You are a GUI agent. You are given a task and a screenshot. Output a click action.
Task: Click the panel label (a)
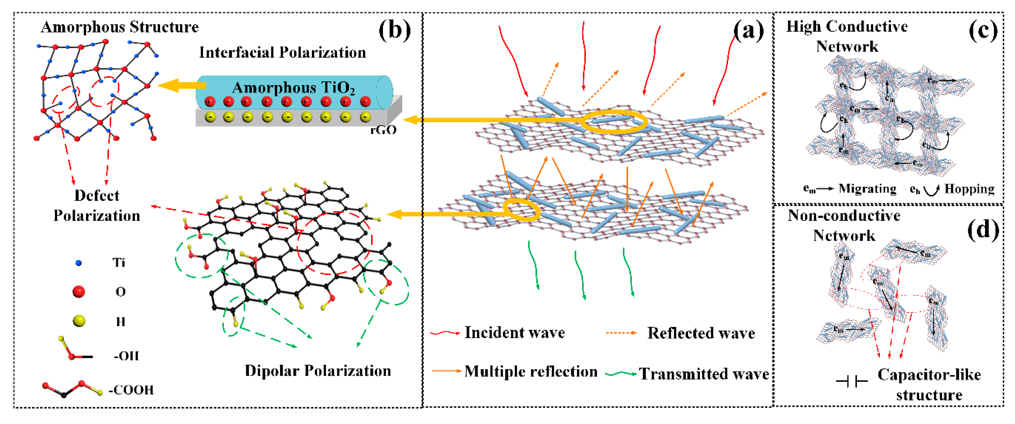point(748,31)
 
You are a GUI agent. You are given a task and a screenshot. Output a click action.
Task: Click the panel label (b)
point(394,30)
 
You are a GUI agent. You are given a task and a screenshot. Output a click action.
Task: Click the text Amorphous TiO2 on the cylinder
point(293,88)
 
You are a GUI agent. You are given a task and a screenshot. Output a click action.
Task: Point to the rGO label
point(383,130)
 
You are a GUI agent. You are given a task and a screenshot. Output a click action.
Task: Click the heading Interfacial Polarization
point(282,52)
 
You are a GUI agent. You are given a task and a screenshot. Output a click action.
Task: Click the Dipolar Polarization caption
point(318,371)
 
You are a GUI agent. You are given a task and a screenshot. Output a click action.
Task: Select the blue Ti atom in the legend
point(79,263)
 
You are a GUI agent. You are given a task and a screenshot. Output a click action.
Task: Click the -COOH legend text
point(131,390)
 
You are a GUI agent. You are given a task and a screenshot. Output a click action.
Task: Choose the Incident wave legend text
point(514,333)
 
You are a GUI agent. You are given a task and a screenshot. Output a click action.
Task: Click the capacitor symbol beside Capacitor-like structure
point(851,381)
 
